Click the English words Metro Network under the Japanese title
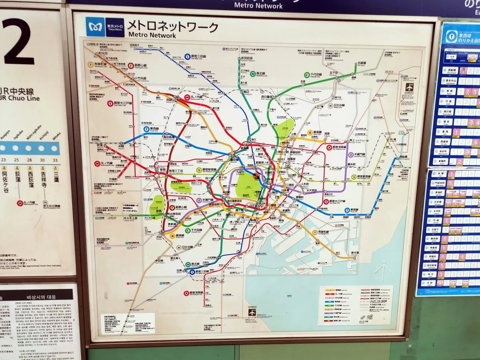point(152,35)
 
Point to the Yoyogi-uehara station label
point(130,218)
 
